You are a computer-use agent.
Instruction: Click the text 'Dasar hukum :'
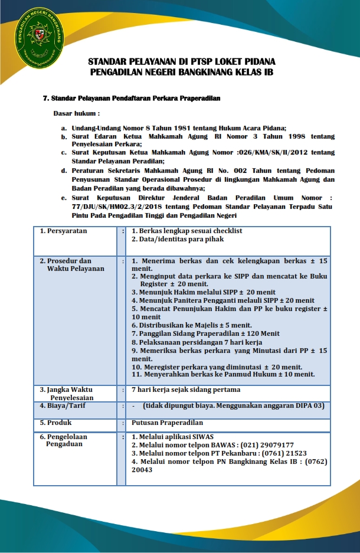77,112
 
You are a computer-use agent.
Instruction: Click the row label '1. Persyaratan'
63,231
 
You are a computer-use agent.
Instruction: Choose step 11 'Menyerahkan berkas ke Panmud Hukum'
222,374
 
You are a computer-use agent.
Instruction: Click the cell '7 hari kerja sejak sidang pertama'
185,390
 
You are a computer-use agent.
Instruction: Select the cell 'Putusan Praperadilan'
167,423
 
